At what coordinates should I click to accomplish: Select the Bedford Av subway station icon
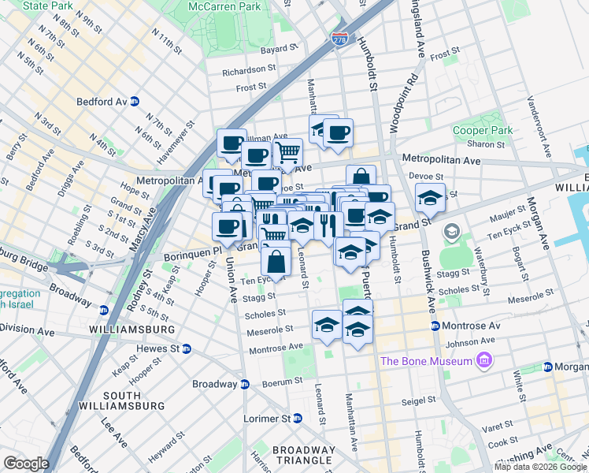click(x=135, y=101)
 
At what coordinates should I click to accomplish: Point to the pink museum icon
click(x=483, y=361)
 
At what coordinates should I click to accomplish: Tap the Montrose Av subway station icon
click(x=434, y=326)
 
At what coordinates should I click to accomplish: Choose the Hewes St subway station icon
click(x=187, y=348)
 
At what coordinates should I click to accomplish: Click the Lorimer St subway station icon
click(x=297, y=418)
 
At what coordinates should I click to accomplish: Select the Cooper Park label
click(x=482, y=130)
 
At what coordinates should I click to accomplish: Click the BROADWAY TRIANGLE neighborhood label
click(x=304, y=456)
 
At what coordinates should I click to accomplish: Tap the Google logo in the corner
click(x=26, y=464)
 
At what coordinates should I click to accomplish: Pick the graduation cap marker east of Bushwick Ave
click(x=430, y=199)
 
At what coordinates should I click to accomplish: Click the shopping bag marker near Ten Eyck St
click(x=276, y=260)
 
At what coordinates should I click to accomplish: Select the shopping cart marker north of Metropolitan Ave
click(x=288, y=151)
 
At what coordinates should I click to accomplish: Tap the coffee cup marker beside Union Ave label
click(x=227, y=226)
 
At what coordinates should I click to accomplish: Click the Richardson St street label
click(x=249, y=70)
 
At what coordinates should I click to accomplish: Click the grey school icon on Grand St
click(x=451, y=232)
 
